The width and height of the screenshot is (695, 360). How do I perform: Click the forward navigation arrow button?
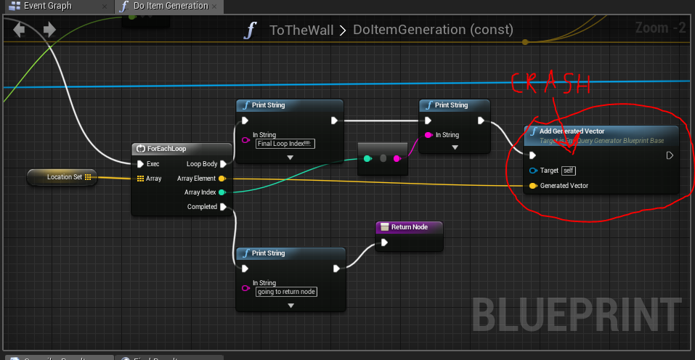pos(49,30)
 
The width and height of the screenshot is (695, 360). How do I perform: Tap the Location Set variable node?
pos(62,176)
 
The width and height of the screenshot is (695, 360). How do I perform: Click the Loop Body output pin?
pos(224,164)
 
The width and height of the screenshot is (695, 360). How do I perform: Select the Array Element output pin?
pos(221,179)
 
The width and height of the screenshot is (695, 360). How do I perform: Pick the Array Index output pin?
pos(221,192)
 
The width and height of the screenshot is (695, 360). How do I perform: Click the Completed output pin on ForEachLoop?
pos(224,207)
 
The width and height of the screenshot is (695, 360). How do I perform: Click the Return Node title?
pos(410,227)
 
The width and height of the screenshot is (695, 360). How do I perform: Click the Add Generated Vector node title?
pos(572,131)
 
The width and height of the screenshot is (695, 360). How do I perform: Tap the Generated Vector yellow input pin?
pos(533,186)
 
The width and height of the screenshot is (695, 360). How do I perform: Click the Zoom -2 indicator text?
pos(660,28)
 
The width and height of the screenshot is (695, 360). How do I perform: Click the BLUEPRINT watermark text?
pos(577,314)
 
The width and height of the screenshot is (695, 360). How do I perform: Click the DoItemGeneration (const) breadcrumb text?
pos(433,30)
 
